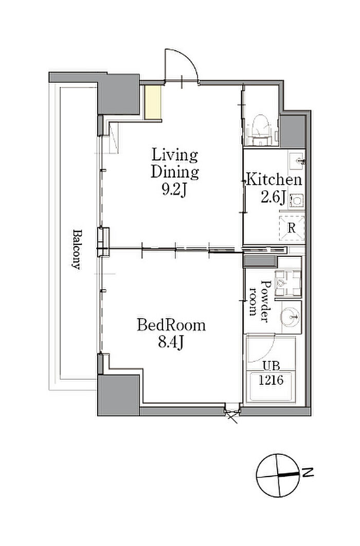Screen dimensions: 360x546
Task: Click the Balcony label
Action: [x=76, y=249]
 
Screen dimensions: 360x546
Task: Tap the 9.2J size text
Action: [x=175, y=189]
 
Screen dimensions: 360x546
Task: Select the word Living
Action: [x=175, y=155]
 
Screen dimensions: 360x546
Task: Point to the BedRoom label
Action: [x=171, y=325]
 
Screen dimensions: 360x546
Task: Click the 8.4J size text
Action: [x=171, y=343]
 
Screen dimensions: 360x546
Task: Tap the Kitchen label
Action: [x=274, y=180]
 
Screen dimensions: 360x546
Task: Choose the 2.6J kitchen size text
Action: [x=273, y=197]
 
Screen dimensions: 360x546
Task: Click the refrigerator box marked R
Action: [x=292, y=228]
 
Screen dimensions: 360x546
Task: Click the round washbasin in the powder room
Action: [x=290, y=317]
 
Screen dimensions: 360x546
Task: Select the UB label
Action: [x=271, y=366]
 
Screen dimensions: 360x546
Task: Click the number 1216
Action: [x=271, y=380]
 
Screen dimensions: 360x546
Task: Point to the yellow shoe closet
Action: [x=153, y=102]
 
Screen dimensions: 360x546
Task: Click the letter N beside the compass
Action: [x=307, y=473]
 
